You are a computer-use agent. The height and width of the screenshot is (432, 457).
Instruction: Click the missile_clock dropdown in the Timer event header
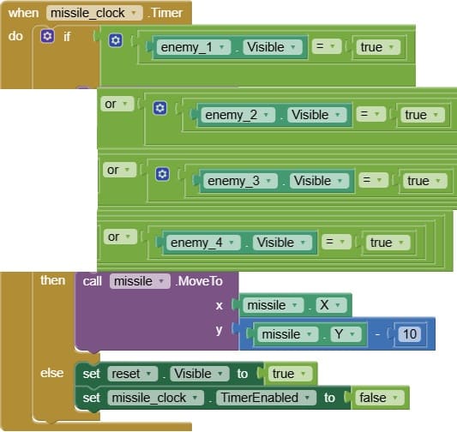94,13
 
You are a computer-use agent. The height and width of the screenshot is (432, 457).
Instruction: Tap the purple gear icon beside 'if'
47,36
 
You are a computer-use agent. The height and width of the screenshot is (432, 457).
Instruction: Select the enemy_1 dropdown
194,47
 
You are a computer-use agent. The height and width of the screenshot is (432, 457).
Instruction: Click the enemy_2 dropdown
238,115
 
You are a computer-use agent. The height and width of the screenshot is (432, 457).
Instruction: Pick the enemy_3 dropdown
240,181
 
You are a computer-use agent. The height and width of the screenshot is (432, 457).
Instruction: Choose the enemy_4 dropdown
203,243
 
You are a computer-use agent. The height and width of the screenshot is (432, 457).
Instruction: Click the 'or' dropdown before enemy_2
117,104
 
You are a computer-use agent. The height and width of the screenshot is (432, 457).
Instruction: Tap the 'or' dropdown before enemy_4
120,237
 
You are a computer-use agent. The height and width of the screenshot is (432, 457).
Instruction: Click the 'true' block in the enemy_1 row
378,47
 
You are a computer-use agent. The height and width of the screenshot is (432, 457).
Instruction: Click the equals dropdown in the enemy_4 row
336,242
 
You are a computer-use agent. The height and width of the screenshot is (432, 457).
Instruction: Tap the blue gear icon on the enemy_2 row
160,108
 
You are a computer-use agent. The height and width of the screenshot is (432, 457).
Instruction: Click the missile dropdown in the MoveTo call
140,281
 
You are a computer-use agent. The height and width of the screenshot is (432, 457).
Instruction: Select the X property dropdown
331,305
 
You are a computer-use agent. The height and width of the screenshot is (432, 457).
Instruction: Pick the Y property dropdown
346,333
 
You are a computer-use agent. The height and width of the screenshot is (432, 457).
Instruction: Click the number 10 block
410,333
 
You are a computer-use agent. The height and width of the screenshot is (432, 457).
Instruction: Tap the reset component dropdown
133,374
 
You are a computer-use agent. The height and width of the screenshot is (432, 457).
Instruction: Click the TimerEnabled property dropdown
266,398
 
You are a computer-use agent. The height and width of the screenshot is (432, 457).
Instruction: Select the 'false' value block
380,398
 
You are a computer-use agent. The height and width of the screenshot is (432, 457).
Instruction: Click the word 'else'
52,373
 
